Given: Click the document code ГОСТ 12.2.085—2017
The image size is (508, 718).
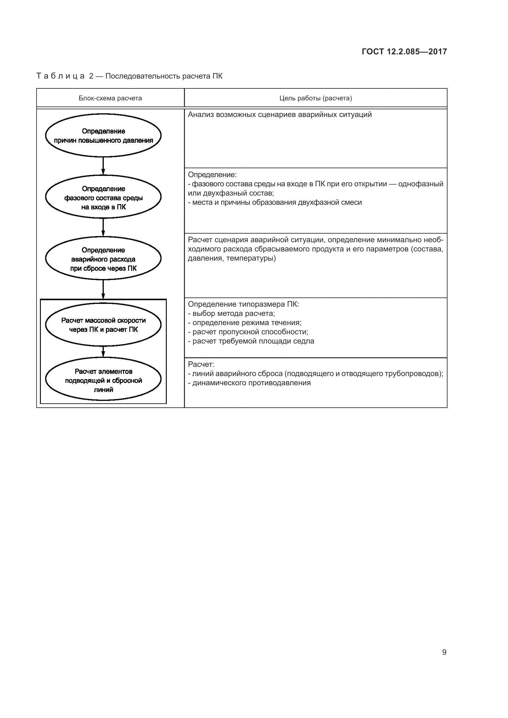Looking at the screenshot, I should (x=404, y=52).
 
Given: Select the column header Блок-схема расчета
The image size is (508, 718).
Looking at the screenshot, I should (x=110, y=98).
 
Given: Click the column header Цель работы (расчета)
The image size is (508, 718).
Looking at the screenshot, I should (x=316, y=98).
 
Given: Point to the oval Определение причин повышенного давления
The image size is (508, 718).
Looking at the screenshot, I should (x=103, y=136).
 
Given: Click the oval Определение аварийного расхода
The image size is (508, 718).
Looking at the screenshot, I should (x=103, y=259).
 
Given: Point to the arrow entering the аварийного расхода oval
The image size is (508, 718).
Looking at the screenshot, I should (x=103, y=227).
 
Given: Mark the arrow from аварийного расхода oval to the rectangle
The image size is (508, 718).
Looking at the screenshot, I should (x=103, y=289).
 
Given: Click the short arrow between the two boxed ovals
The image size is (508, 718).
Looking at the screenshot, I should (x=103, y=351).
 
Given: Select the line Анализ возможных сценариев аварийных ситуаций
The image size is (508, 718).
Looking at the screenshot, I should (x=280, y=114).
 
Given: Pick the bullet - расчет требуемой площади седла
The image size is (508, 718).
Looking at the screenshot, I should (x=251, y=341).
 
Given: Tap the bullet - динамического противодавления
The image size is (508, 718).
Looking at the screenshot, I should (x=249, y=383).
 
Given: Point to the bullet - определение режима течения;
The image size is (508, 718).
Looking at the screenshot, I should (x=244, y=322).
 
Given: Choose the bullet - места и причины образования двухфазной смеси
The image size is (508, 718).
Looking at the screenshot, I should (x=275, y=202).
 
